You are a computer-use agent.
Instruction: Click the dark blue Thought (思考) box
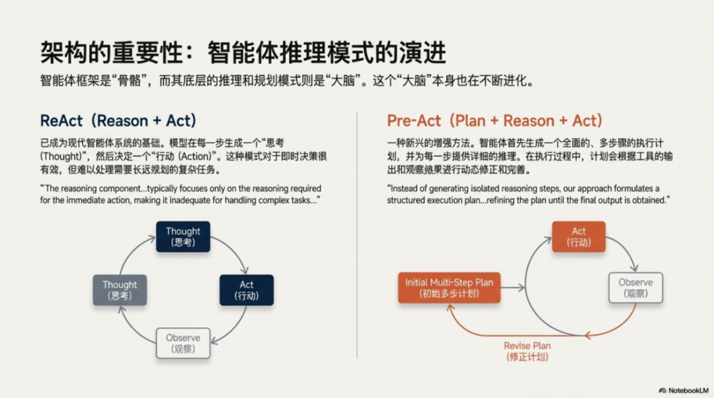[183, 236]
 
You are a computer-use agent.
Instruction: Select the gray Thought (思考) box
[120, 290]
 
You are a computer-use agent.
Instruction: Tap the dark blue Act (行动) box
[247, 290]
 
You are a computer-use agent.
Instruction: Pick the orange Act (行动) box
[579, 236]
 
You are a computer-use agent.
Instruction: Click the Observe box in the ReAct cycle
[183, 343]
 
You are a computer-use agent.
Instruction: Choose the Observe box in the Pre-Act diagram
[635, 288]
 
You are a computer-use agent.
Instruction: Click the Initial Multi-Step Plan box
[449, 288]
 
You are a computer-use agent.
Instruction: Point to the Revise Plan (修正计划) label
[527, 351]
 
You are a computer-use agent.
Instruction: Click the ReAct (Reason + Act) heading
[118, 121]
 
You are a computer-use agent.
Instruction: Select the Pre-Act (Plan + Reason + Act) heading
[495, 121]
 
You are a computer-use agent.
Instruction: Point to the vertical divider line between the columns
[357, 231]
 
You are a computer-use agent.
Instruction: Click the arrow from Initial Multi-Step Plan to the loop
[513, 288]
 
